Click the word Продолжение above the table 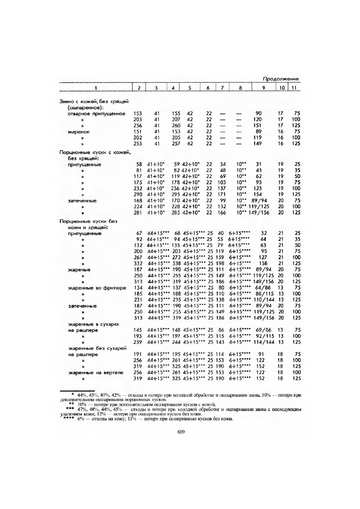[281, 79]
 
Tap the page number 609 [181, 432]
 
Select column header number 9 [263, 88]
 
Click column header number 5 [189, 88]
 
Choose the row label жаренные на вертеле [89, 373]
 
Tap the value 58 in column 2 [139, 164]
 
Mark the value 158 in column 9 [264, 274]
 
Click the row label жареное [79, 132]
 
